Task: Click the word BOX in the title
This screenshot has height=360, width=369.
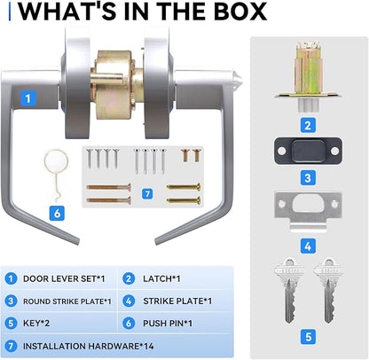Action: point(240,12)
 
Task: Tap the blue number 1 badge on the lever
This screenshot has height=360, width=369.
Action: point(28,98)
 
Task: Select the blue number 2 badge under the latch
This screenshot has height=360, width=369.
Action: point(308,125)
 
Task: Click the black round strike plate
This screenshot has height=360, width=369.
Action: point(308,151)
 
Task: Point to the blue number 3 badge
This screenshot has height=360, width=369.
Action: point(308,177)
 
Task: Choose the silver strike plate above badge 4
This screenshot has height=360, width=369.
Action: point(308,211)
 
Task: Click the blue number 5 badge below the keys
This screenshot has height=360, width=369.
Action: point(308,337)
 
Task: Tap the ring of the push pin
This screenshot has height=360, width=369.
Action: point(56,152)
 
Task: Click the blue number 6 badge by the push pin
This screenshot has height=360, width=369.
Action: point(57,213)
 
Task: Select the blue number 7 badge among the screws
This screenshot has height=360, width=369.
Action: point(147,194)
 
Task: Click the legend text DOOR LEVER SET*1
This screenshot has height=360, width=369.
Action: point(64,278)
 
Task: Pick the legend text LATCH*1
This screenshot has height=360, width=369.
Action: point(161,278)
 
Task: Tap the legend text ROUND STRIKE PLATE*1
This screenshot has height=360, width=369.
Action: point(67,301)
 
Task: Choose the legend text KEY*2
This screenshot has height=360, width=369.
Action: point(36,324)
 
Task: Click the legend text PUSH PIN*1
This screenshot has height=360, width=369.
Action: point(168,324)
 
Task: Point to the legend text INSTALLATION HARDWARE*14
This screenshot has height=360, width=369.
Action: point(88,346)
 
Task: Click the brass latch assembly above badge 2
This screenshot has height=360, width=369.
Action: point(308,77)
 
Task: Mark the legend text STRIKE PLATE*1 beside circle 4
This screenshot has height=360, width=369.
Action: point(177,301)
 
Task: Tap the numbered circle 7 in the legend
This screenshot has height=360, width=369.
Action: point(11,346)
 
